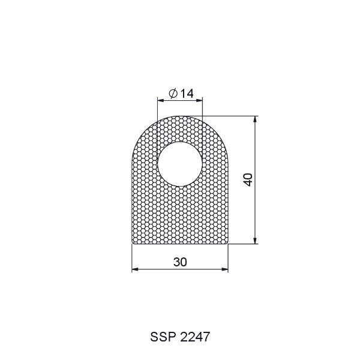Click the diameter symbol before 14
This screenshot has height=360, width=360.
[x=173, y=93]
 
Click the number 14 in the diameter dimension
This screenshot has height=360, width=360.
[x=187, y=94]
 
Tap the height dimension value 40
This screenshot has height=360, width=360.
[x=248, y=180]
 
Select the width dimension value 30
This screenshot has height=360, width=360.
[x=180, y=262]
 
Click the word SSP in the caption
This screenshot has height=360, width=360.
[x=163, y=337]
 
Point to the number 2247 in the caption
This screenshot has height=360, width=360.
[x=195, y=337]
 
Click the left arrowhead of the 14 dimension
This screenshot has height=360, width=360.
[x=160, y=100]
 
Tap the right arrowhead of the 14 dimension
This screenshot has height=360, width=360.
[x=200, y=100]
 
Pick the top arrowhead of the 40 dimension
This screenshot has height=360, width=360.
[x=255, y=119]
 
